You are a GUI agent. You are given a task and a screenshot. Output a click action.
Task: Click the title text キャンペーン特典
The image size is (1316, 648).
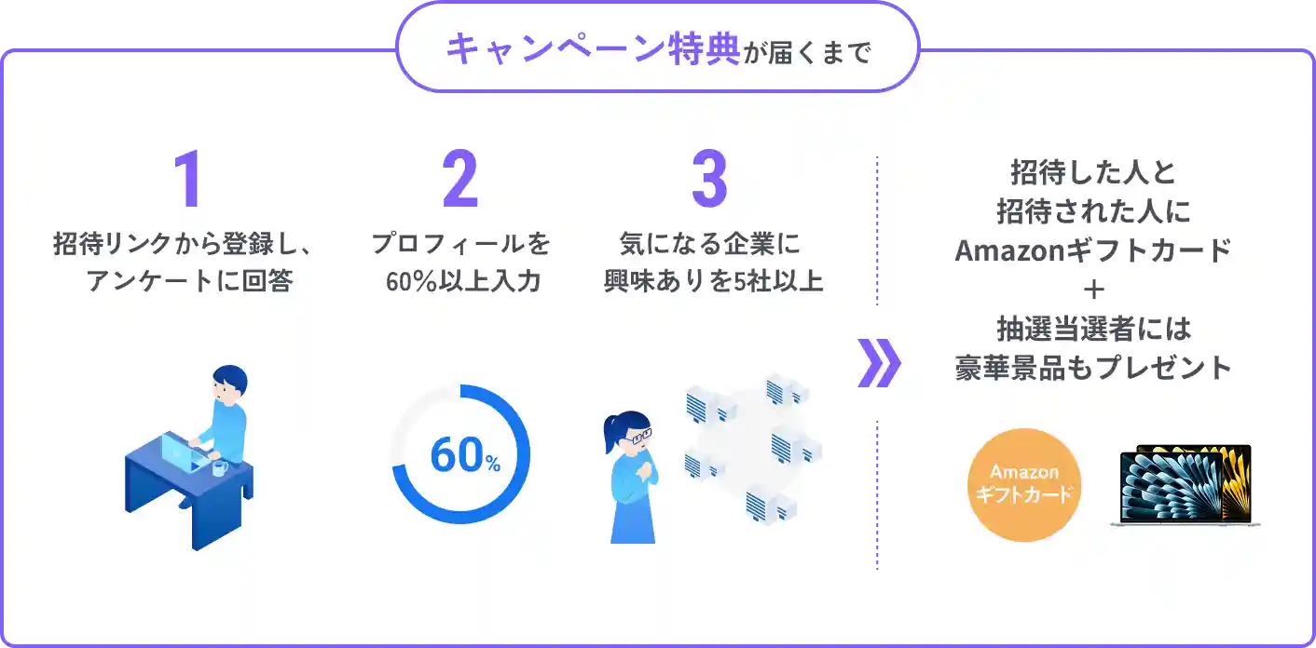592,49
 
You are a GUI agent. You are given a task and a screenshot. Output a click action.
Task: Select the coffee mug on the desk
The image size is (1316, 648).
219,467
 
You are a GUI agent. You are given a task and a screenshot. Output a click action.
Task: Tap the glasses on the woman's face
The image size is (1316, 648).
638,436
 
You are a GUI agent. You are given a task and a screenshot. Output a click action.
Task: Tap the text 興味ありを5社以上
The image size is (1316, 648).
713,281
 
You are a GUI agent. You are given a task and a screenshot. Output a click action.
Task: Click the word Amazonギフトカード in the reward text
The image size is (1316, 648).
1094,251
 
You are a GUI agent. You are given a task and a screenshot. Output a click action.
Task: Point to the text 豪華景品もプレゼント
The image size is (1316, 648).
1094,368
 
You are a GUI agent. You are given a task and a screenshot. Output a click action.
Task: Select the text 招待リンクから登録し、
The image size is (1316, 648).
181,245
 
